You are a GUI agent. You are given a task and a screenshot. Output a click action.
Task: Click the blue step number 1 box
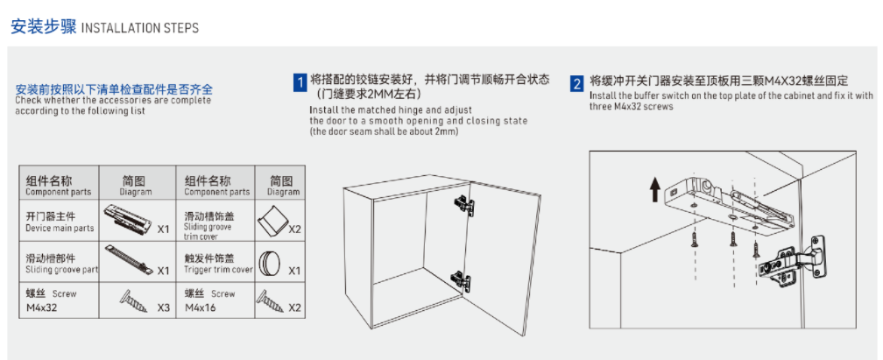coord(300,83)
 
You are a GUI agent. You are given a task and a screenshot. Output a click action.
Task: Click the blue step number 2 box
coord(576,83)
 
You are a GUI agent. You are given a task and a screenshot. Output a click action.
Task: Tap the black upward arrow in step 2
coord(653,189)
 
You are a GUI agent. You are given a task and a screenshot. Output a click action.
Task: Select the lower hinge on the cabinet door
coord(461,280)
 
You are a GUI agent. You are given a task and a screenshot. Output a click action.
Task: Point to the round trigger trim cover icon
coord(269,263)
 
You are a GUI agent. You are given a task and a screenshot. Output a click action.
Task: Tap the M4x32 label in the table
coord(42,308)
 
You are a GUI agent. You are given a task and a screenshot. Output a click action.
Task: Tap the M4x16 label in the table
coord(200,308)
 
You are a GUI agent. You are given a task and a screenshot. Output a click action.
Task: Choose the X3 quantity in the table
coord(163,308)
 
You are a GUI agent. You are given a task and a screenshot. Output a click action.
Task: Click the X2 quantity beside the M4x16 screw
coord(294,308)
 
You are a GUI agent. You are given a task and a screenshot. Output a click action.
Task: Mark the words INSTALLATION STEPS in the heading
coord(140,28)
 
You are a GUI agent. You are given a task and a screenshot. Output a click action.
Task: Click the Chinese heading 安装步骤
coord(44,26)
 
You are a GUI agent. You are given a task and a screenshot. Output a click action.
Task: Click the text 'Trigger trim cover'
coord(218,269)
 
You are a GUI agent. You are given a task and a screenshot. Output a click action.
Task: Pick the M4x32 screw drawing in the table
coord(133,300)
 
